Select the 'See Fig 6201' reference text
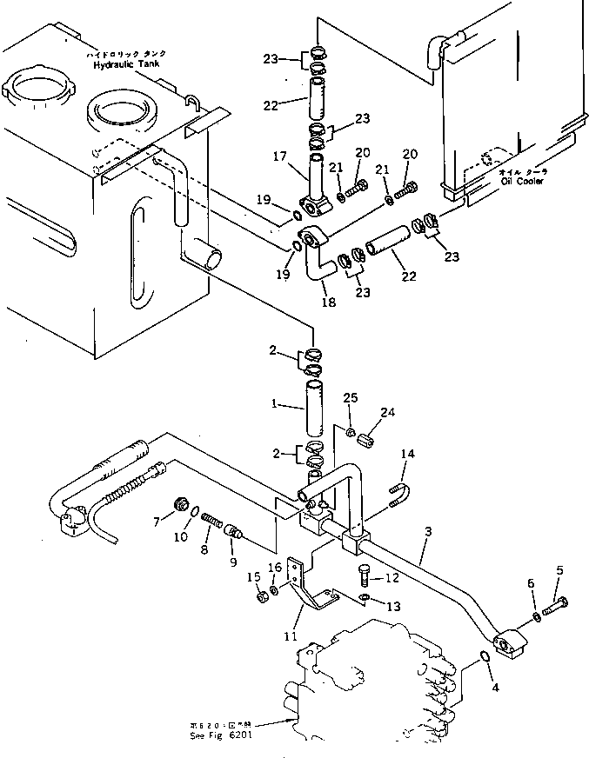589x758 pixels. pos(220,732)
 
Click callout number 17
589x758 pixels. pos(280,156)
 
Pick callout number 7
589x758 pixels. pos(157,522)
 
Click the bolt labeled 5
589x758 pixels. pos(557,601)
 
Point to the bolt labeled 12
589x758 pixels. pos(365,573)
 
